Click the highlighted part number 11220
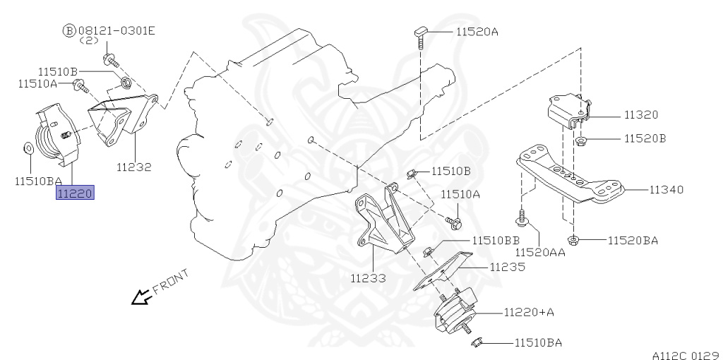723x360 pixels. tap(75, 192)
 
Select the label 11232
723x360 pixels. tap(133, 167)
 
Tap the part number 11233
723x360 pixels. tap(368, 278)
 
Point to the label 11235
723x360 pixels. tap(508, 267)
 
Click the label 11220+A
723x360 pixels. tap(530, 311)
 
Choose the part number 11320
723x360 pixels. tap(640, 114)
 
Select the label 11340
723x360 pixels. tap(666, 189)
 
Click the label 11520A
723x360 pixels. tap(477, 32)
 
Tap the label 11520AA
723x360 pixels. tap(540, 252)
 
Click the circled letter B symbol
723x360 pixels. tap(68, 30)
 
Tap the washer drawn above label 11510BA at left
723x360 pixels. tap(26, 148)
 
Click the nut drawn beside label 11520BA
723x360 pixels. tap(574, 240)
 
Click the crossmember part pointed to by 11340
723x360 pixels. tap(572, 176)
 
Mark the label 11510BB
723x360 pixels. tap(496, 240)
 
